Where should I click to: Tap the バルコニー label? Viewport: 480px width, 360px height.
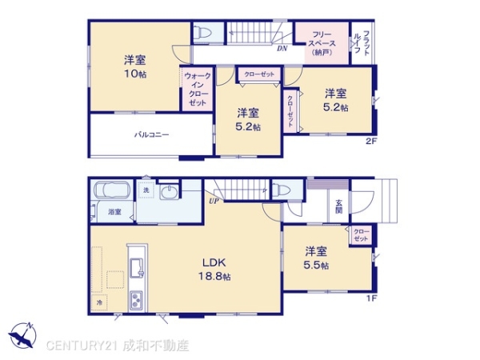pyautogui.click(x=151, y=135)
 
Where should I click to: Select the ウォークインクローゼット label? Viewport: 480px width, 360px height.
pyautogui.click(x=198, y=90)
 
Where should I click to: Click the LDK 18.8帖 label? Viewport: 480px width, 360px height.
pyautogui.click(x=215, y=268)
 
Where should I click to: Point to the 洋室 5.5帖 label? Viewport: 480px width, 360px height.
pyautogui.click(x=315, y=258)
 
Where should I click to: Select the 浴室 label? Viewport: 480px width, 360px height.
pyautogui.click(x=114, y=212)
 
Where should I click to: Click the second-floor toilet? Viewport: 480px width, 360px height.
pyautogui.click(x=203, y=34)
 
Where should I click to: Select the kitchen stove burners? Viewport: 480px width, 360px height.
pyautogui.click(x=135, y=300)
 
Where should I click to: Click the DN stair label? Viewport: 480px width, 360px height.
pyautogui.click(x=282, y=49)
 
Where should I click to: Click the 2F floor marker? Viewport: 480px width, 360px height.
pyautogui.click(x=370, y=142)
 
